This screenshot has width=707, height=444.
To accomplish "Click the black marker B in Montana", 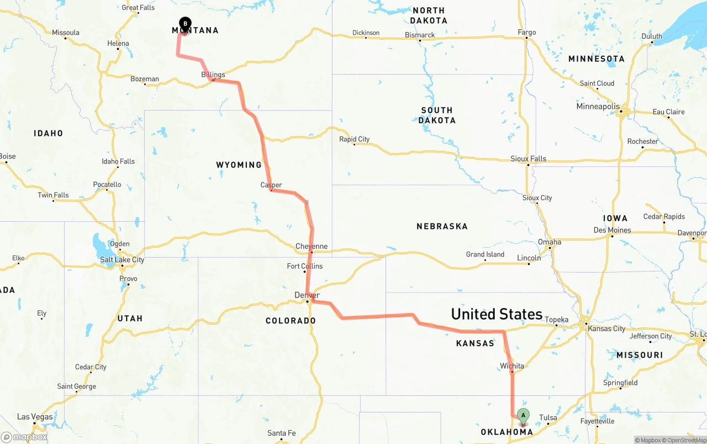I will click(x=185, y=24).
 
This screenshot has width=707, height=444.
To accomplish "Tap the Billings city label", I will click(x=213, y=75).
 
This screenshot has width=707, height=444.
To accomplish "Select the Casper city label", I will click(x=271, y=185).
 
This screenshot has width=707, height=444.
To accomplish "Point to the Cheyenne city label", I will click(x=312, y=247).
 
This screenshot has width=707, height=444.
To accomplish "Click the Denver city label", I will click(x=307, y=295).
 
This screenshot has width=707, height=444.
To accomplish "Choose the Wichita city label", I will click(x=512, y=366).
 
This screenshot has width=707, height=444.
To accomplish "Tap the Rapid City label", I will click(x=354, y=139).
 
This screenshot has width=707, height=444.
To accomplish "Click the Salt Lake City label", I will click(x=122, y=260).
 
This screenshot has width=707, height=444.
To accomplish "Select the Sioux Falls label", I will click(x=528, y=159).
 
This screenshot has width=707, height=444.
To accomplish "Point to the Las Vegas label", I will click(x=35, y=417).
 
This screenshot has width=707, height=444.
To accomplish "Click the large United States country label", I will click(x=497, y=314).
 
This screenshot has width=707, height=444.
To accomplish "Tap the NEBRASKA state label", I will click(x=442, y=226).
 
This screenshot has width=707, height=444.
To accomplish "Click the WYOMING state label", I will click(x=239, y=165).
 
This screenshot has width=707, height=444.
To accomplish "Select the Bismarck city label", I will click(x=420, y=35).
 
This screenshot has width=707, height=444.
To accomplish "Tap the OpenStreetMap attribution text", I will click(x=684, y=440).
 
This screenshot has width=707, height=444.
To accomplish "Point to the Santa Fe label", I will click(x=281, y=433).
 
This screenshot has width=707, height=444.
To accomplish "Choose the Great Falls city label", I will click(x=138, y=8).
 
